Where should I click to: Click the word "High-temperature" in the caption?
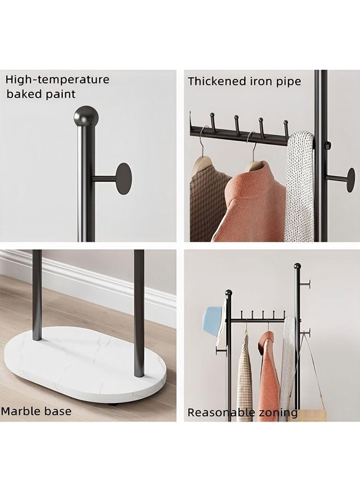(57, 80)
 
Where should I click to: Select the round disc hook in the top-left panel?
(124, 178)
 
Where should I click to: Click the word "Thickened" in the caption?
(217, 82)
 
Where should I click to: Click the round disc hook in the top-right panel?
(350, 180)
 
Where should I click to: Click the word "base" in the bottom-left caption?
(58, 411)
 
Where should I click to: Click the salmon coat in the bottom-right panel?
(269, 376)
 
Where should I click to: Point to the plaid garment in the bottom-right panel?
(245, 376)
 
